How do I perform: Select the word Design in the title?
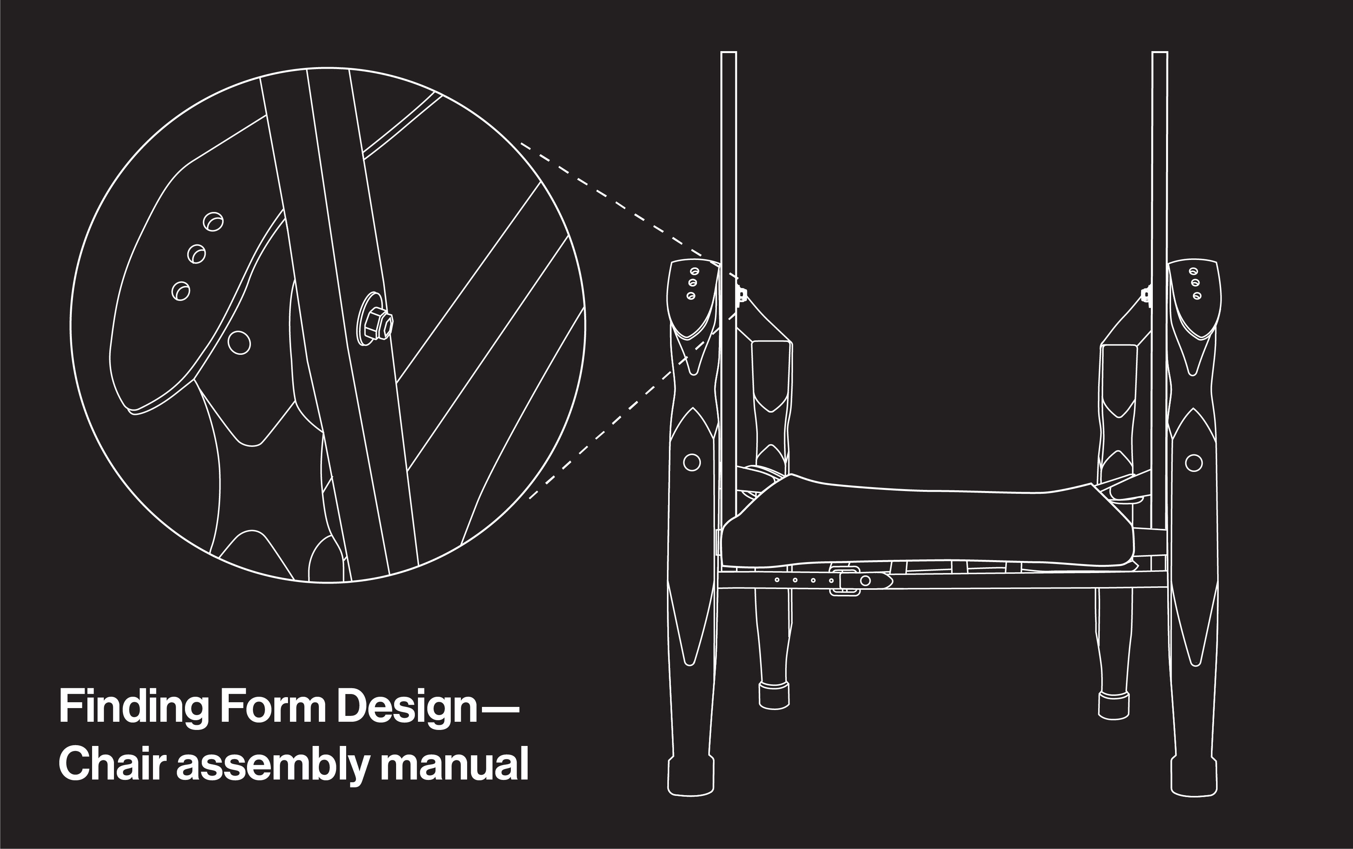coord(407,707)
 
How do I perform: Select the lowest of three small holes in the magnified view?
coord(180,291)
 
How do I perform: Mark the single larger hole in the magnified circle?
coord(239,342)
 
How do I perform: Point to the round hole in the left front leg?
coord(692,462)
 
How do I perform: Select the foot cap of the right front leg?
coord(1194,778)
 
